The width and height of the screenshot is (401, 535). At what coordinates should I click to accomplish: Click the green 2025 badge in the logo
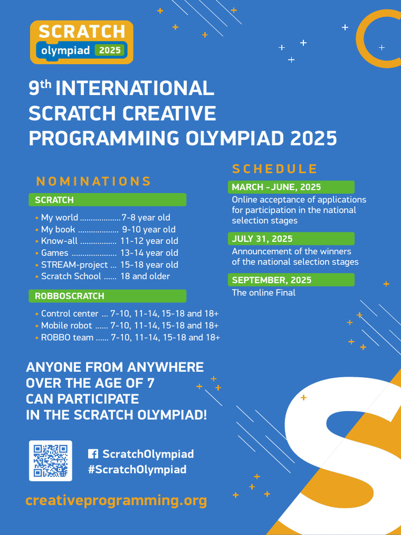(110, 51)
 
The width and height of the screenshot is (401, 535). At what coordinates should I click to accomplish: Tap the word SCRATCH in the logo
(81, 32)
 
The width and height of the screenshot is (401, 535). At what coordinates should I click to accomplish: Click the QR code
(51, 460)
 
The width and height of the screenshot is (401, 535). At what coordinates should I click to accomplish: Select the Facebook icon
(93, 454)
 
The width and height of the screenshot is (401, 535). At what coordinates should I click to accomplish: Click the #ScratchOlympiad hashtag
(137, 469)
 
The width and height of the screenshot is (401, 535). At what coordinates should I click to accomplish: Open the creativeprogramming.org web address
(116, 501)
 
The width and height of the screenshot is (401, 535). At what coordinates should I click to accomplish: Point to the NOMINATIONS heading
(93, 182)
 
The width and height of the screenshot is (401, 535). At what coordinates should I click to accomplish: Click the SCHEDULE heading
(275, 169)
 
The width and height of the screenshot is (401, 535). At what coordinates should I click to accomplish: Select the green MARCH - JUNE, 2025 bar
(291, 187)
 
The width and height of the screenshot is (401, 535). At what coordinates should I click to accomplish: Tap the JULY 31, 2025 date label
(262, 239)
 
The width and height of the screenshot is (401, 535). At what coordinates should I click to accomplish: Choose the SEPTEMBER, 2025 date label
(272, 280)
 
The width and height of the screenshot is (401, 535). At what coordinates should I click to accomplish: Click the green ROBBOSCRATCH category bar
(107, 296)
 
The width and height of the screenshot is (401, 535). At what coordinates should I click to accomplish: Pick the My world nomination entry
(60, 217)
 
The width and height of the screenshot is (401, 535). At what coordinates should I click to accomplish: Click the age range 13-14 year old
(149, 253)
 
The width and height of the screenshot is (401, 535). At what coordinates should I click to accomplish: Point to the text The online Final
(264, 293)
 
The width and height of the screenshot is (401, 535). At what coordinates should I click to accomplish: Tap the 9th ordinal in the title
(40, 88)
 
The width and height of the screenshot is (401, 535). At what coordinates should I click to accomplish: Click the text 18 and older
(145, 276)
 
